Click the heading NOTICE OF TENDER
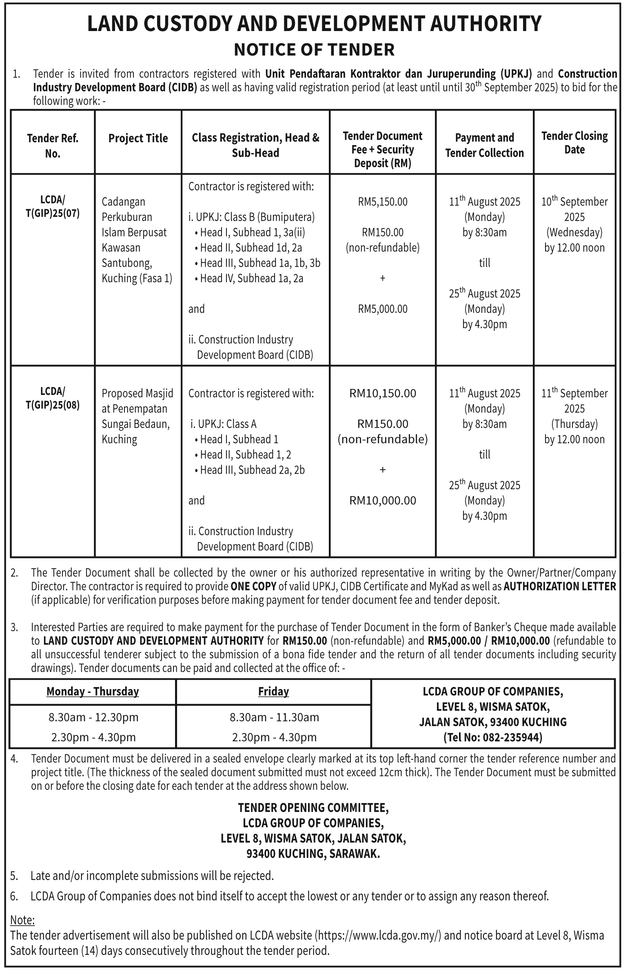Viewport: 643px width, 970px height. [x=314, y=50]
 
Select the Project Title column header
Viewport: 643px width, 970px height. [x=138, y=138]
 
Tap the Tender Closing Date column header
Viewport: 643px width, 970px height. [x=574, y=143]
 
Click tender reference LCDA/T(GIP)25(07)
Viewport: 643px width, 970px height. [x=53, y=207]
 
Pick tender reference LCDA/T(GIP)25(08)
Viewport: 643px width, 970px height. [x=53, y=398]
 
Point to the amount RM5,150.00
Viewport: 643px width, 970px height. [x=383, y=202]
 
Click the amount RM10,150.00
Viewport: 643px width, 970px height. [x=383, y=393]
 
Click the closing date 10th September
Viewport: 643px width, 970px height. [x=574, y=202]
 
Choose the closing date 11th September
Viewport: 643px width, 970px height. [x=574, y=393]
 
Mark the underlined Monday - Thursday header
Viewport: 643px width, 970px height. [x=93, y=692]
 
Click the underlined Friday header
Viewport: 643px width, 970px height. [x=273, y=692]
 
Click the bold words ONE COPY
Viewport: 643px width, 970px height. [x=253, y=586]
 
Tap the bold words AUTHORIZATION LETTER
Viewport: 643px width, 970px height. [x=560, y=586]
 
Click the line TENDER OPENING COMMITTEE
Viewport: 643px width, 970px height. [x=313, y=808]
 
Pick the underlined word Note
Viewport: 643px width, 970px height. [x=22, y=920]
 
